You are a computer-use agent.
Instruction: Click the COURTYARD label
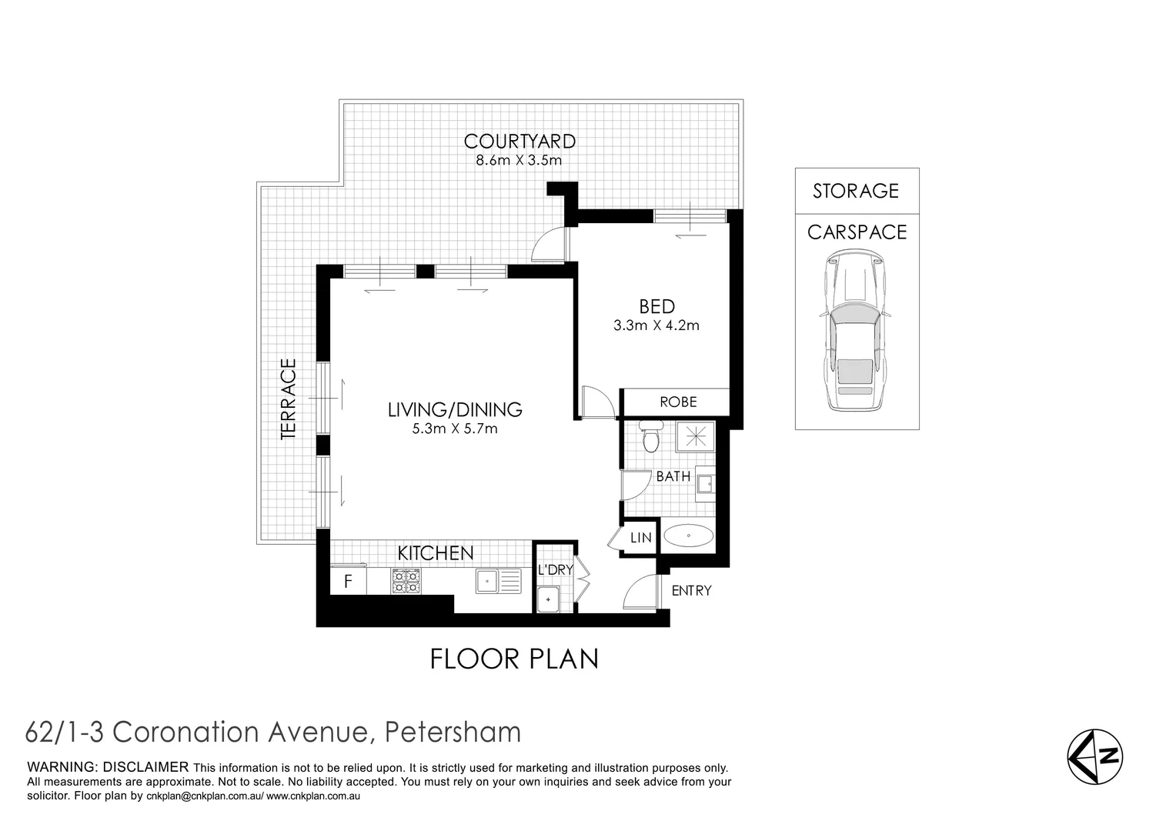[x=520, y=142]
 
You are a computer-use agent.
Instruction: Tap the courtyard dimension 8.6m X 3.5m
[x=520, y=161]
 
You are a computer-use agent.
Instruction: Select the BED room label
[x=656, y=306]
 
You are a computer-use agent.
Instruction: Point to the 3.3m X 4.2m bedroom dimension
[x=656, y=325]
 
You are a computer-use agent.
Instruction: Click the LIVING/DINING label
[x=455, y=410]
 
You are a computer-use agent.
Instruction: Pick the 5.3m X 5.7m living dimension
[x=455, y=429]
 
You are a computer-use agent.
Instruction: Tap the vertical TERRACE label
[x=289, y=399]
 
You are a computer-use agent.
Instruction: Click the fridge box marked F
[x=348, y=582]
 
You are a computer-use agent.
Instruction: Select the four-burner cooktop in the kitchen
[x=406, y=581]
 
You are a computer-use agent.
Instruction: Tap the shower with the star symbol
[x=695, y=436]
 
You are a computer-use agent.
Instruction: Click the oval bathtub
[x=688, y=536]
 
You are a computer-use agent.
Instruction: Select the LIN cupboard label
[x=641, y=539]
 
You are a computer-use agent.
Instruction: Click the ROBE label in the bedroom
[x=678, y=402]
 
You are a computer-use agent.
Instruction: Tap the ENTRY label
[x=691, y=591]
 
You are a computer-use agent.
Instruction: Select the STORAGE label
[x=856, y=191]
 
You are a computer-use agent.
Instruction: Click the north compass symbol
[x=1095, y=757]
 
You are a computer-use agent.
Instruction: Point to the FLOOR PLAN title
[x=514, y=659]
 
